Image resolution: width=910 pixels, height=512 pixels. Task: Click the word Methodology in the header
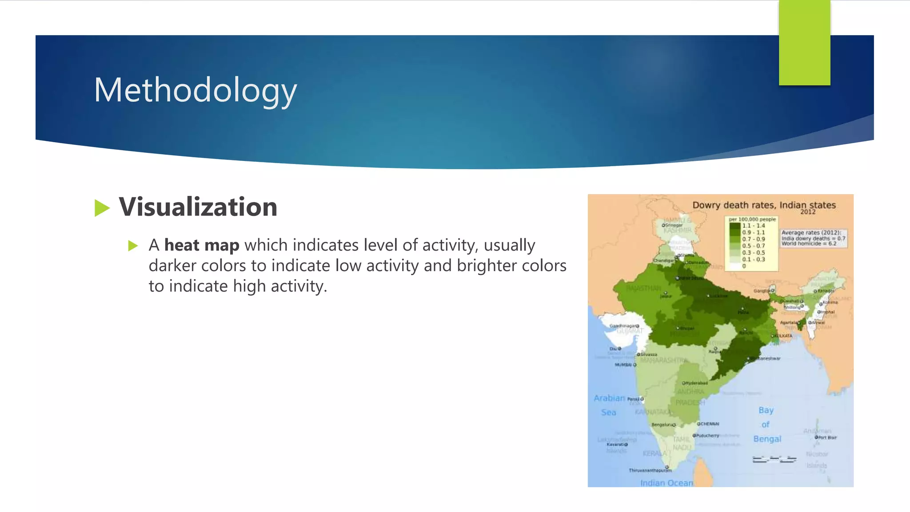coord(195,91)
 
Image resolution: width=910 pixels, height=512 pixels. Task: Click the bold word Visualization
coord(198,207)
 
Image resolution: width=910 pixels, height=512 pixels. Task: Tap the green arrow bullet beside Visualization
coord(102,208)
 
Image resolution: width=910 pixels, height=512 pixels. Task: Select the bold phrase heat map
coord(202,245)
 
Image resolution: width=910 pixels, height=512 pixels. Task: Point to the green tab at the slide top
coord(804,42)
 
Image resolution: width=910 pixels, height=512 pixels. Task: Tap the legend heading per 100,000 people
coord(752,219)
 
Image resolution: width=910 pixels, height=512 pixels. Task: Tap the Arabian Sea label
coord(609,405)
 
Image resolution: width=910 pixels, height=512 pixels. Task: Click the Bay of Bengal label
coord(766,424)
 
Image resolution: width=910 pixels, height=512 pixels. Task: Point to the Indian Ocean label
coord(667,483)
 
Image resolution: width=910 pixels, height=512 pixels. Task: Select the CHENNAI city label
coord(710,424)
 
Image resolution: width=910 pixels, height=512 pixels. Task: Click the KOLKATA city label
coord(783,336)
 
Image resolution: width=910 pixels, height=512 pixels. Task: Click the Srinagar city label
coord(674,225)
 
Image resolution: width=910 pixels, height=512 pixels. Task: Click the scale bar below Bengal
coord(774,459)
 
